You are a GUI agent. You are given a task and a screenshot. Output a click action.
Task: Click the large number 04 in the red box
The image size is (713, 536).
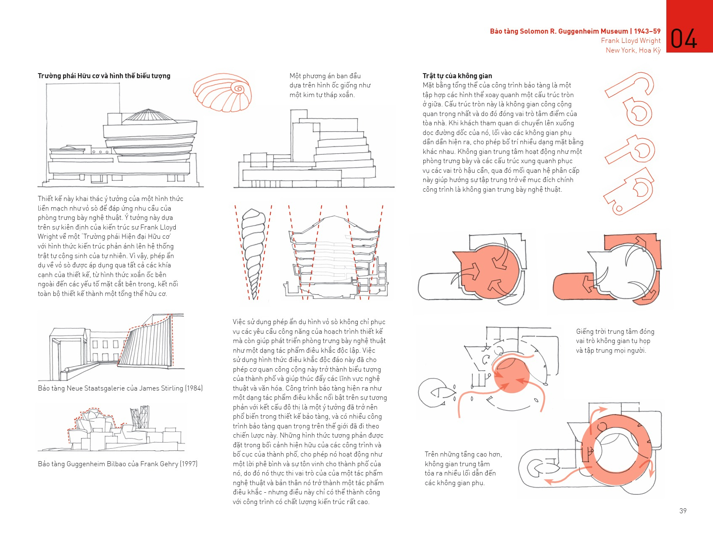pos(684,39)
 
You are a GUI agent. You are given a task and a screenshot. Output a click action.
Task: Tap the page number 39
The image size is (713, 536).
pos(683,511)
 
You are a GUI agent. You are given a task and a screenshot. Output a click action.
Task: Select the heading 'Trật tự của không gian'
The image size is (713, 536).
pos(457,76)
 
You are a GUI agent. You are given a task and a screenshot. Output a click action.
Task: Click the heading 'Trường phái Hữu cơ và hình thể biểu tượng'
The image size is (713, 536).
pos(104,76)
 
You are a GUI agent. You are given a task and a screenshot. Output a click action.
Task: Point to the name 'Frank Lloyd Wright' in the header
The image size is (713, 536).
pos(631,41)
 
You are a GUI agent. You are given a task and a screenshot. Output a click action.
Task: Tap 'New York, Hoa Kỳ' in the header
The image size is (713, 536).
pos(633,50)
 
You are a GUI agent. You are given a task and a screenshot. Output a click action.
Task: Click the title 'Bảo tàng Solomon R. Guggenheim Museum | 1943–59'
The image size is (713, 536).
pos(575,31)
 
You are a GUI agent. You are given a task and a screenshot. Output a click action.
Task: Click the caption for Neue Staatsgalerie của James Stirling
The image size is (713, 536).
pos(120,388)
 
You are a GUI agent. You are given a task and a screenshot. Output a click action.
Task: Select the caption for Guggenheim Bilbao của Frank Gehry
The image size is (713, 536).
pos(117,464)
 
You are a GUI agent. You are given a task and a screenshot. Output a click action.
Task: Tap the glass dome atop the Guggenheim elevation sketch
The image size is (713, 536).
pos(147,114)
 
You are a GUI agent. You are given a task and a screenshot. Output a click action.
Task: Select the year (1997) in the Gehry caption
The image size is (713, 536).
pos(189,464)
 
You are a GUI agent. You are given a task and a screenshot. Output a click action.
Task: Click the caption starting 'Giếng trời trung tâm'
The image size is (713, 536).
pos(615,341)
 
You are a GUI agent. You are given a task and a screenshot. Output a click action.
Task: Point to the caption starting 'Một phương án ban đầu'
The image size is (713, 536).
pos(330,85)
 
